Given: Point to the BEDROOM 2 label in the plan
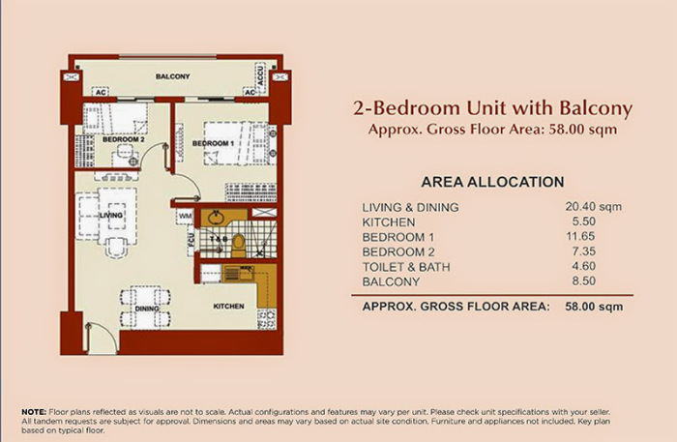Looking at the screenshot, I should click(123, 138).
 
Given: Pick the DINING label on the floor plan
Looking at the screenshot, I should click(147, 309).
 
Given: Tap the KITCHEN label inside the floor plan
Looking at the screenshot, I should click(228, 307).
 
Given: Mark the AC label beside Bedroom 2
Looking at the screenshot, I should click(100, 93).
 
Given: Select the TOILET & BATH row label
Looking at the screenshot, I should click(411, 267).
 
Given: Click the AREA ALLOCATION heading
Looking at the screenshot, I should click(493, 181).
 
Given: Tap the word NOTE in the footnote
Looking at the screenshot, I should click(34, 413).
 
